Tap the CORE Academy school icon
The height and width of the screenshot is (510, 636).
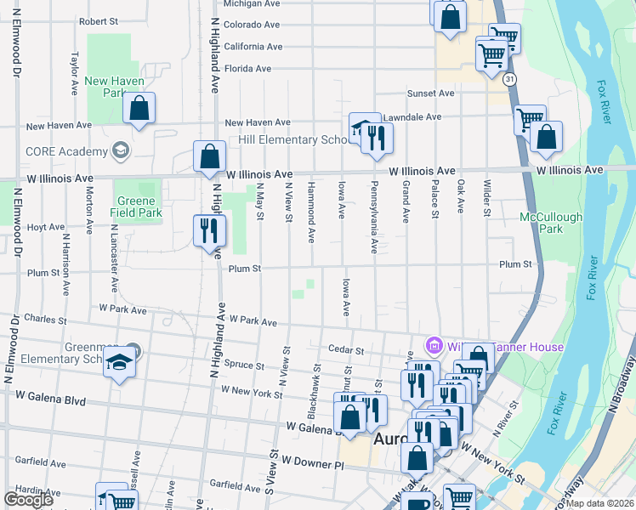coord(120,151)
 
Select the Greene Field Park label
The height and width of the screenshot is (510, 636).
coord(138,207)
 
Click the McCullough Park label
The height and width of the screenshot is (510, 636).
coord(551,223)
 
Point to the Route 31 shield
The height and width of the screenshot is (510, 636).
coord(509,78)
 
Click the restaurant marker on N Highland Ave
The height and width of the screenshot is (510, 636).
coord(209,230)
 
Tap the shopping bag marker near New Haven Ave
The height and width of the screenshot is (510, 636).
coord(139,110)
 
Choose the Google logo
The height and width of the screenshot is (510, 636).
coord(28,500)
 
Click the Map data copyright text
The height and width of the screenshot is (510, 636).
coord(600,503)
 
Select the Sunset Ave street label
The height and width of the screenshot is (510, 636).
coord(432,93)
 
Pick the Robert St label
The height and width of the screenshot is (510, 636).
coord(97,21)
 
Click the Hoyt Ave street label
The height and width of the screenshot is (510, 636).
coord(45,228)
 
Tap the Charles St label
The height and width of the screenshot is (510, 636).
coord(46,320)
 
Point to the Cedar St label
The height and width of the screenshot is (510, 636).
coord(346,349)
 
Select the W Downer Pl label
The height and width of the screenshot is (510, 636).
coord(312,465)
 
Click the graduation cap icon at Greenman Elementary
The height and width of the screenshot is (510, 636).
coord(120,361)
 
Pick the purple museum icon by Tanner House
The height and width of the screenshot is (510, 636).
coord(434,346)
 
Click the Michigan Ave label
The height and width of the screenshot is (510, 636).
coord(253,3)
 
